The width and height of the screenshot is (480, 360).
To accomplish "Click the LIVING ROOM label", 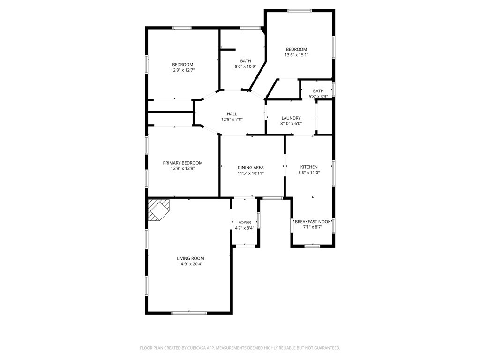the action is [190, 258].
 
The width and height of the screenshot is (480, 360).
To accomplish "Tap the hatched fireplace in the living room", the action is [158, 210].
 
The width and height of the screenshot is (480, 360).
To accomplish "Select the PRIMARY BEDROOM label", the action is [183, 163].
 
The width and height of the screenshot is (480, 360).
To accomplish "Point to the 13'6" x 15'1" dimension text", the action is [296, 55].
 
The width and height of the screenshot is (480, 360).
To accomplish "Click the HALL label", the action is [232, 114].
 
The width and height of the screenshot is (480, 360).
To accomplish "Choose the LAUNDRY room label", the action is [291, 118].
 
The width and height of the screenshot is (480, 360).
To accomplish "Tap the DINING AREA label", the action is [251, 167].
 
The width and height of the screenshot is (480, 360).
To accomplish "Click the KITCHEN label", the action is [309, 167].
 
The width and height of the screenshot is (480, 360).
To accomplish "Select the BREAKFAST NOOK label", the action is [313, 222].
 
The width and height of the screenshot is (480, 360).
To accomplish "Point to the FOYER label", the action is [245, 223].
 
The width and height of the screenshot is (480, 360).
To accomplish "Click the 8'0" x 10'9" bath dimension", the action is [246, 67].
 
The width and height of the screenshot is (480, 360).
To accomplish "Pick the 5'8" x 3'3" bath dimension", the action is [318, 97].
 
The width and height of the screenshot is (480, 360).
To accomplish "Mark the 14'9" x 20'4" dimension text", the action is [190, 264].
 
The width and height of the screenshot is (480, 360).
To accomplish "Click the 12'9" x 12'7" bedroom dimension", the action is [183, 70].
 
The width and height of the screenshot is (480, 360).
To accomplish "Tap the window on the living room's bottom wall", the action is [189, 313].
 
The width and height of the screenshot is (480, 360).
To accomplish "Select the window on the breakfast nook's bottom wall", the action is [313, 246].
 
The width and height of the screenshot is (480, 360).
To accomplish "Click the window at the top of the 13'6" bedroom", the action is [300, 11].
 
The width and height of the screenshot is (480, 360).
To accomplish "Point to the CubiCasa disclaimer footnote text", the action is [240, 348].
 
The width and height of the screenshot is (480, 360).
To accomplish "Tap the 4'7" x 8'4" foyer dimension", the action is [245, 228].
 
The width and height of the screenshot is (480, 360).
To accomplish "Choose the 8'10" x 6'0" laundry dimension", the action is [291, 124].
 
